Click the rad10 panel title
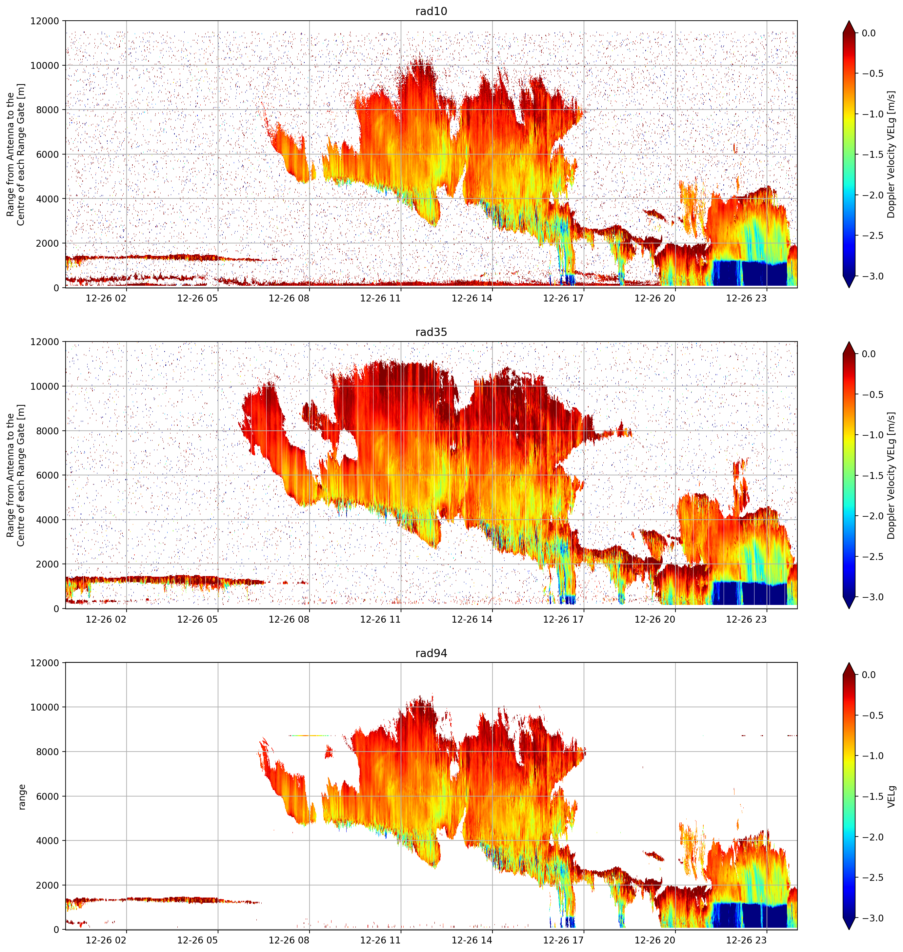431,11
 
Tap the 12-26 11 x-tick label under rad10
380,298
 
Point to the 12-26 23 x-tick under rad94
746,940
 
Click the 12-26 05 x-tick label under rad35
197,619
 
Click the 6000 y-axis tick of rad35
48,475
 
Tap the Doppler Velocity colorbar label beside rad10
892,155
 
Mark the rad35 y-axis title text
15,475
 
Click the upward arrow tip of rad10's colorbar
849,21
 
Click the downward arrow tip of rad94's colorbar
849,930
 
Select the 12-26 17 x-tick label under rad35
563,619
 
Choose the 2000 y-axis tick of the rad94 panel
48,885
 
